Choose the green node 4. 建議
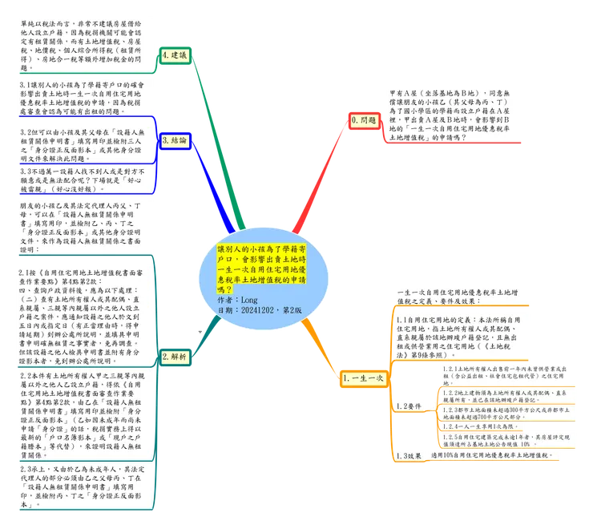pos(174,55)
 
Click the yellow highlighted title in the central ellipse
pos(263,260)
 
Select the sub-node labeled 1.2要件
pos(409,406)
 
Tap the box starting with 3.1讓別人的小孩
pos(83,98)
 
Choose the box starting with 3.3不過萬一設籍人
pos(83,181)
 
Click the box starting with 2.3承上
pos(83,485)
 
